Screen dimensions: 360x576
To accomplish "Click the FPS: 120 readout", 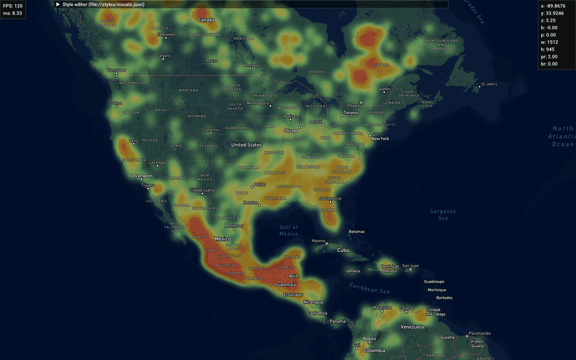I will pos(11,6).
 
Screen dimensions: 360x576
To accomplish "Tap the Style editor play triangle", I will pos(58,4).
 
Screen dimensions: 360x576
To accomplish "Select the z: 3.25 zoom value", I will pos(549,20).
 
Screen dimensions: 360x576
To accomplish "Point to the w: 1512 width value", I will pos(550,42).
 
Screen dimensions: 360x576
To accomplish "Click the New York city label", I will pos(380,139).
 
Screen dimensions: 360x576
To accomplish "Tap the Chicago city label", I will pos(291,131).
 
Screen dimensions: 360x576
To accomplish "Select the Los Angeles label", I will pos(142,175).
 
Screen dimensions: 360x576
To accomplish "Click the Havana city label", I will pos(318,241).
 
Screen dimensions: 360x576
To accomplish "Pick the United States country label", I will pos(246,145).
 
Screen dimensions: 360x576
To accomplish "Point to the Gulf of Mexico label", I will pos(289,230).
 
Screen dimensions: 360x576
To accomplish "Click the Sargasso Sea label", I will pos(443,214).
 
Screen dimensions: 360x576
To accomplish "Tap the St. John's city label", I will pos(489,84).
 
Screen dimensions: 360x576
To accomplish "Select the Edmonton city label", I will pos(166,35).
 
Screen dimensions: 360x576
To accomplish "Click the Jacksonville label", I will pos(330,198).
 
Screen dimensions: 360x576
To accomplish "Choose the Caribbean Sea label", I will pos(370,289).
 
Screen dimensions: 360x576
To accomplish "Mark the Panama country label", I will pos(337,321).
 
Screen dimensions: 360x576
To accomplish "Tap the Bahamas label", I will pos(357,231).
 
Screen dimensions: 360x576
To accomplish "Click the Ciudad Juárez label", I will pos(202,190).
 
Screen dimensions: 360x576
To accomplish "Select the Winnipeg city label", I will pos(250,65).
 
